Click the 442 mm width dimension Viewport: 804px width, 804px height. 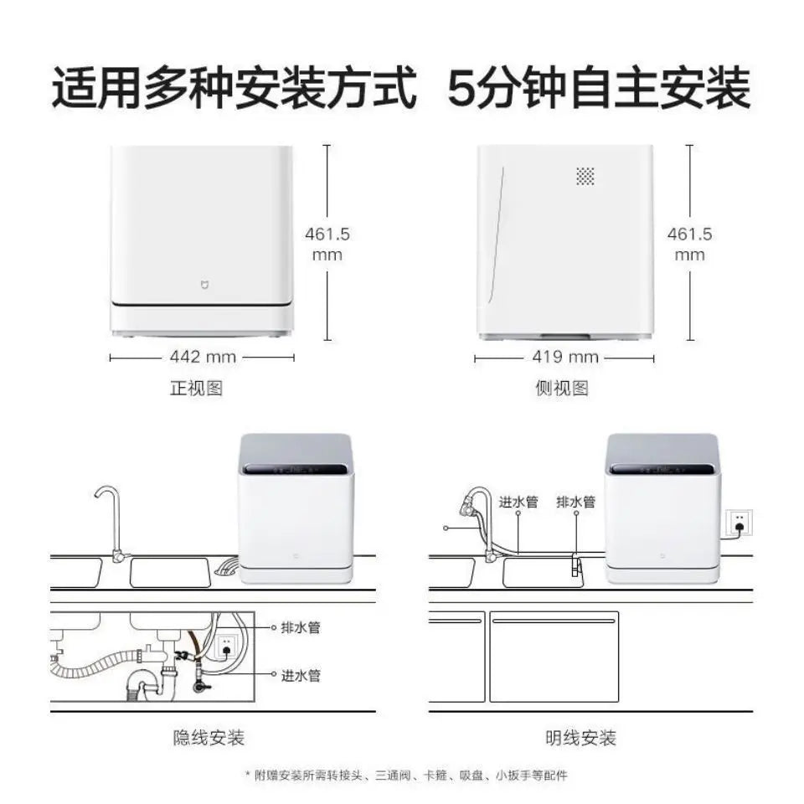coord(202,358)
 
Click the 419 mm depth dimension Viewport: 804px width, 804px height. coord(565,358)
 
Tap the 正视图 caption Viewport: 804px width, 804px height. coord(197,389)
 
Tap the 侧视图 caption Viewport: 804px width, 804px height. coord(562,389)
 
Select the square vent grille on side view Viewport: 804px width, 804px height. coord(585,176)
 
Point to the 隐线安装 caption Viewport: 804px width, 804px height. coord(209,738)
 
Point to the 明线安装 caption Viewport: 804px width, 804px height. coord(580,738)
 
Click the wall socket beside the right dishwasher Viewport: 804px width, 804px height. coord(739,523)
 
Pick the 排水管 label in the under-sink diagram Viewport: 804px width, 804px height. coord(301,627)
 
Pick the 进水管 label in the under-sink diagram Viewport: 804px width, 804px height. coord(301,675)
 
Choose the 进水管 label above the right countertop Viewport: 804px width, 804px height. coord(518,502)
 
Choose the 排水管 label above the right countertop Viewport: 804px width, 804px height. coord(575,502)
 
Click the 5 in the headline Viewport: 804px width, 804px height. coord(461,90)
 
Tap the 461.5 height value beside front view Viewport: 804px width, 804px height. coord(327,234)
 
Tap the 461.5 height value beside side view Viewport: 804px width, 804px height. coord(689,234)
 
